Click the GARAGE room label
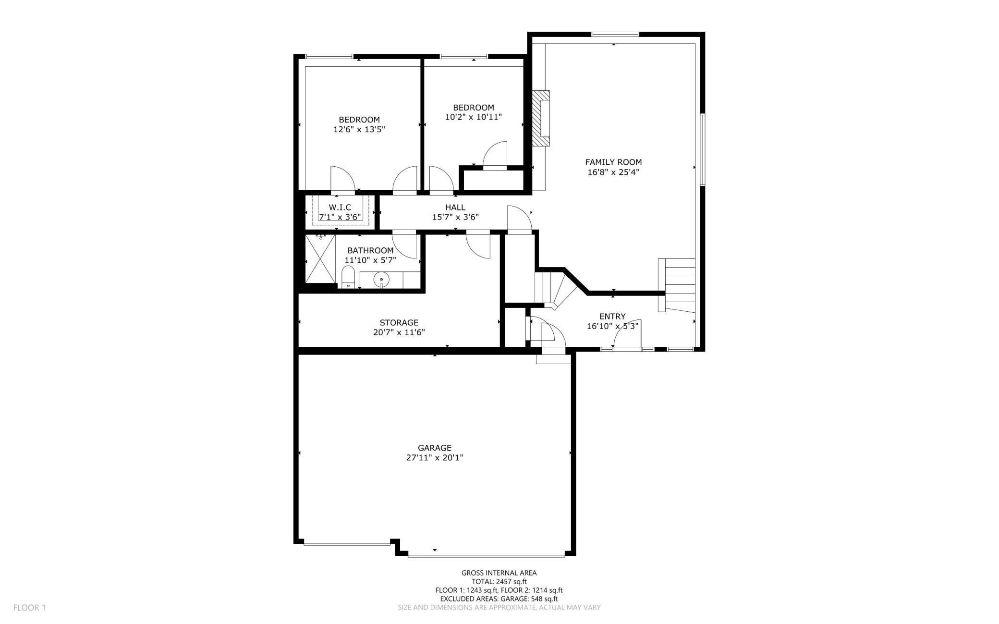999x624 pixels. [x=434, y=448]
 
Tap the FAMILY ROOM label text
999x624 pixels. [x=613, y=162]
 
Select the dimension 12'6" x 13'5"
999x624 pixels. [x=359, y=129]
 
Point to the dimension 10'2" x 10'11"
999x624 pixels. [x=473, y=117]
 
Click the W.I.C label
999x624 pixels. [x=340, y=207]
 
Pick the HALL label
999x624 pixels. [x=455, y=207]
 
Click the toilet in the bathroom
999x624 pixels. [x=347, y=278]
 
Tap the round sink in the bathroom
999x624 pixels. [x=381, y=279]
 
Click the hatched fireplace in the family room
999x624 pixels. [x=542, y=118]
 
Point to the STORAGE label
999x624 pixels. [x=399, y=322]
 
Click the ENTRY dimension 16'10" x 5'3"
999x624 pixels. [x=612, y=326]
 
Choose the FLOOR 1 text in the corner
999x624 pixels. [x=29, y=608]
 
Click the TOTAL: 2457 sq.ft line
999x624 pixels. [x=499, y=581]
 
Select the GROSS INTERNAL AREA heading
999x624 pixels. [x=499, y=573]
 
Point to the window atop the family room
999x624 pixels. [x=615, y=34]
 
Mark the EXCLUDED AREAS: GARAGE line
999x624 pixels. [x=499, y=599]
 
